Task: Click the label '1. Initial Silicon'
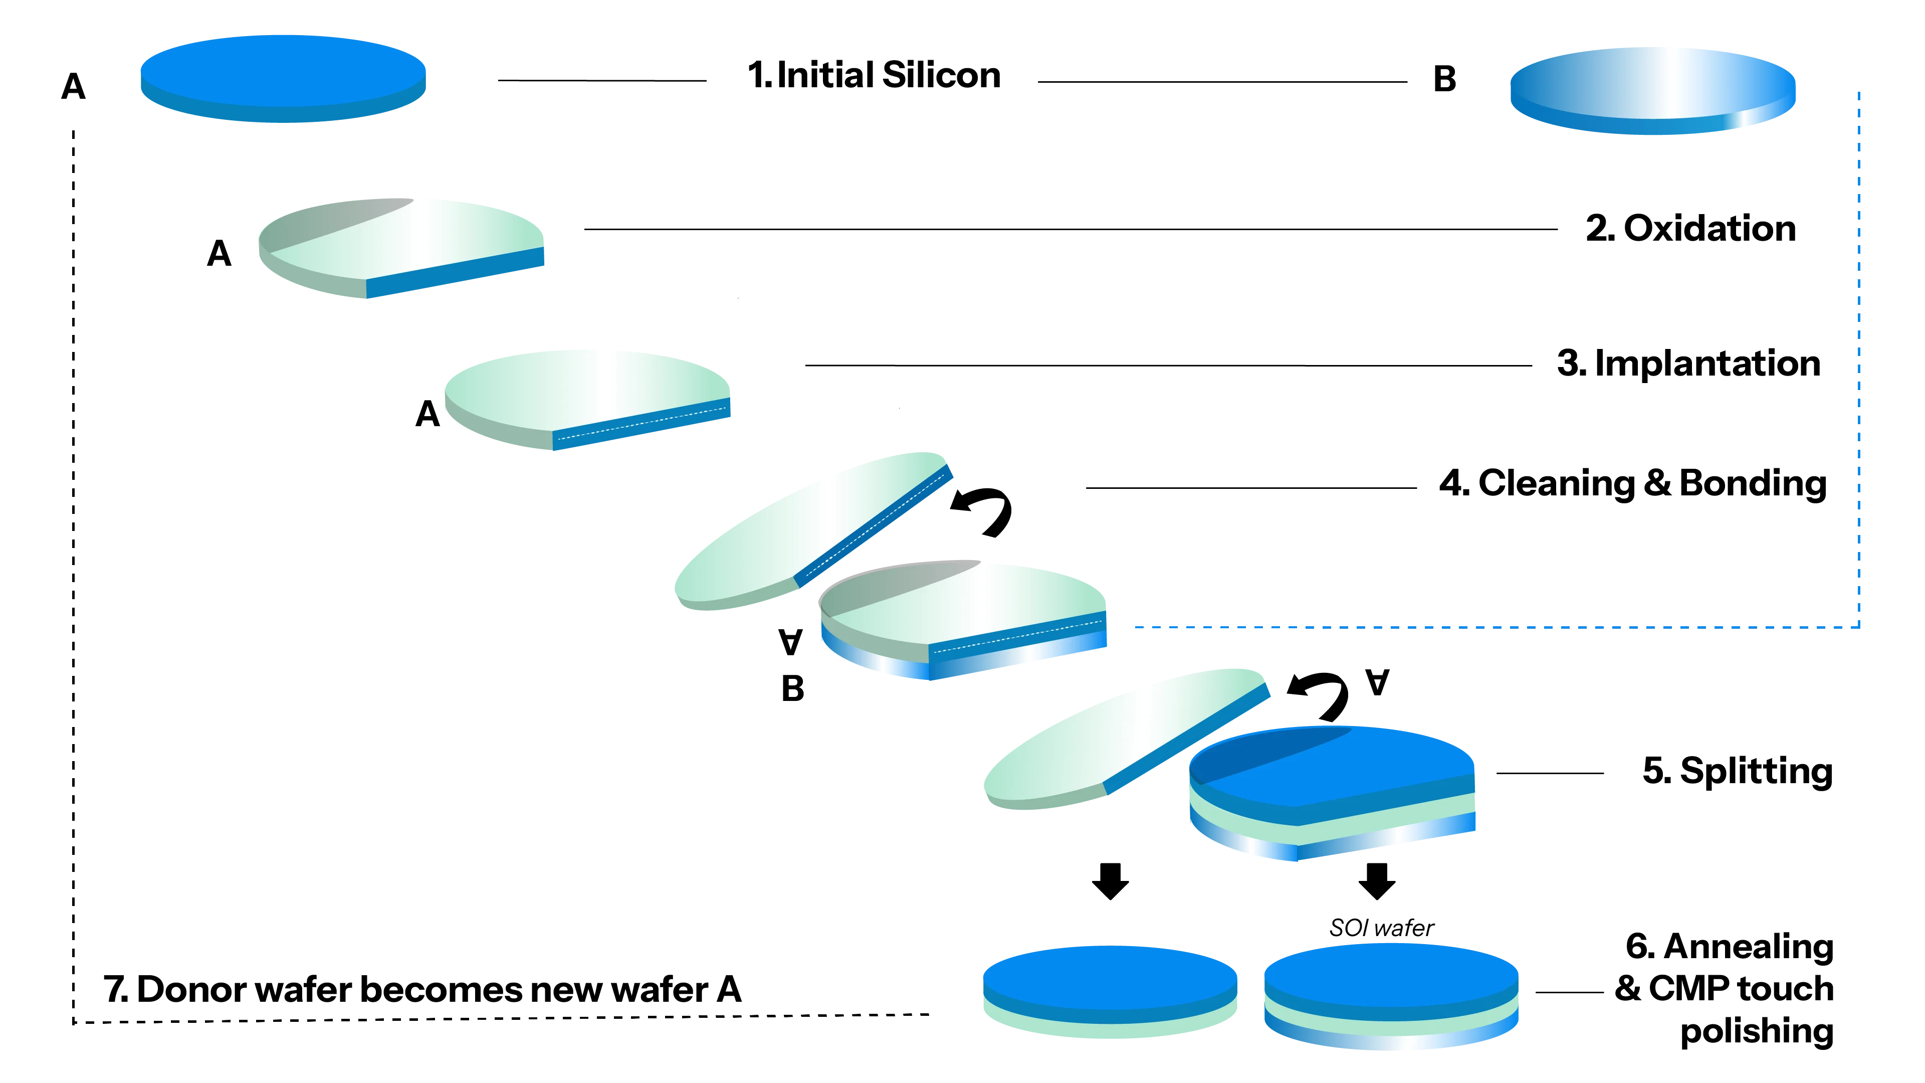pyautogui.click(x=873, y=76)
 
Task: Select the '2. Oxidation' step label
pyautogui.click(x=1689, y=229)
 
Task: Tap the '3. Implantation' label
pyautogui.click(x=1687, y=365)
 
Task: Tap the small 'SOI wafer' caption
pyautogui.click(x=1380, y=929)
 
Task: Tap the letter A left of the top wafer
pyautogui.click(x=73, y=87)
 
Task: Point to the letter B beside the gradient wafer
pyautogui.click(x=1444, y=79)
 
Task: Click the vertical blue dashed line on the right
pyautogui.click(x=1858, y=359)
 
